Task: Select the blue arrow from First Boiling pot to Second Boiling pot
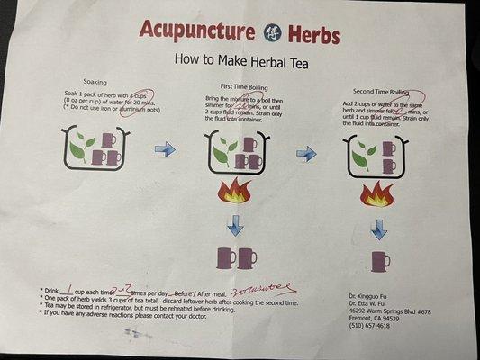click(x=306, y=154)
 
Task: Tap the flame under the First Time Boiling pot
click(x=235, y=192)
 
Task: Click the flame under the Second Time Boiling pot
click(x=377, y=193)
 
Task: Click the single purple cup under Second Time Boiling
click(x=380, y=261)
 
